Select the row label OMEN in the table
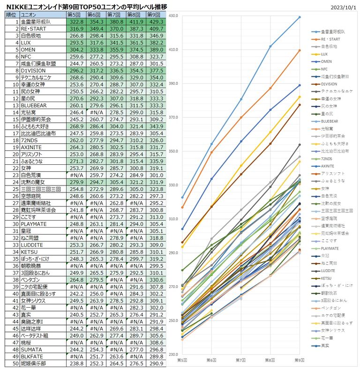[x=28, y=49]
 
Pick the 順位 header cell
[x=10, y=15]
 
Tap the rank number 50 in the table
[x=15, y=363]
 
